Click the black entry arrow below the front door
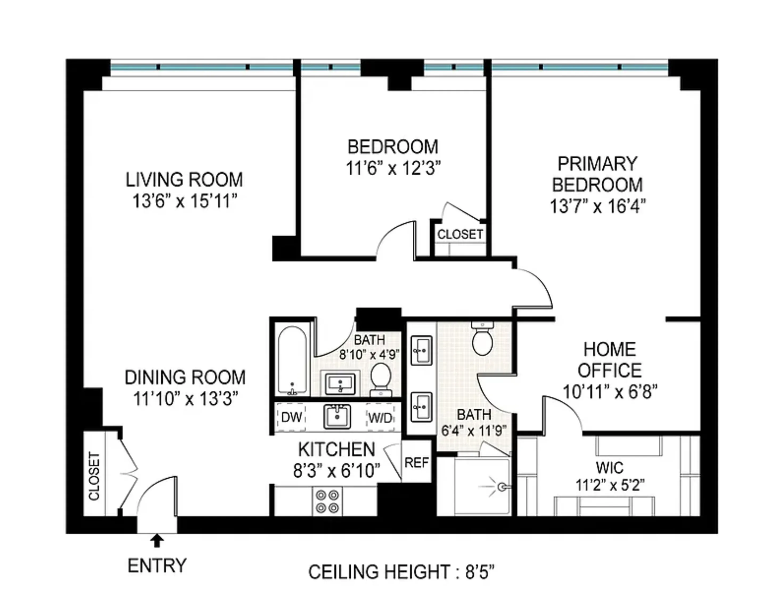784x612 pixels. point(157,541)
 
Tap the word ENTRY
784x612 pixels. point(157,566)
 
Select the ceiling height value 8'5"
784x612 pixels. point(480,572)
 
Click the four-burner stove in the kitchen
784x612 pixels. point(327,502)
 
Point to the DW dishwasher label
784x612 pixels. point(292,417)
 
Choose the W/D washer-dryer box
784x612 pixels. point(380,417)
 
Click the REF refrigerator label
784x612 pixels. point(416,463)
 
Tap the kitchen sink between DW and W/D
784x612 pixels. point(337,416)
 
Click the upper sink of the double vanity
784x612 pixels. point(421,350)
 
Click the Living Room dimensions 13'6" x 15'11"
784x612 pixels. point(184,201)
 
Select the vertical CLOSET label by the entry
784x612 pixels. point(94,476)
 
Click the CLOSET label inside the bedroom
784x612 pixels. point(460,234)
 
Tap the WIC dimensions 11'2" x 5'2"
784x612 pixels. point(610,486)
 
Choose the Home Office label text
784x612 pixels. point(610,360)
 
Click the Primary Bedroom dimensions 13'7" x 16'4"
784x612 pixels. point(597,207)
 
